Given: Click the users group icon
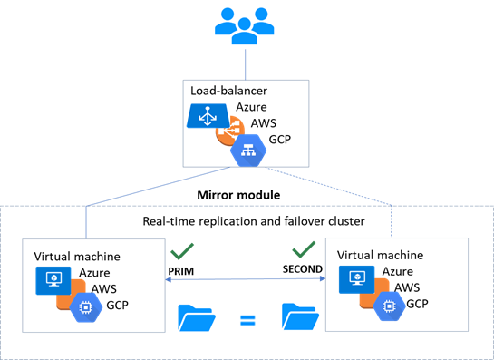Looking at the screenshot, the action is (x=245, y=26).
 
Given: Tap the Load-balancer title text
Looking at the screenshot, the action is (x=228, y=91).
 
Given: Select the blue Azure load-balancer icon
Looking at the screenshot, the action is (x=208, y=116).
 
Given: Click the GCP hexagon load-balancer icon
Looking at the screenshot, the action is (x=248, y=151).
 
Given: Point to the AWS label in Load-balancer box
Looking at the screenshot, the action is (x=264, y=123).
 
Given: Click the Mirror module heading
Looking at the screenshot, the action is (x=238, y=195).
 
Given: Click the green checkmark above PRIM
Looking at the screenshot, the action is (x=182, y=251).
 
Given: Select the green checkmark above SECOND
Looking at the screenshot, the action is (x=304, y=249).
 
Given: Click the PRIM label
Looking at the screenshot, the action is (x=181, y=271).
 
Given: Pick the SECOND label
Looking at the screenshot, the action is (x=303, y=269).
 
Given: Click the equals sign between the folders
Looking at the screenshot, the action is (x=247, y=321).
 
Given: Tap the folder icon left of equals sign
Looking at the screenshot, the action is (x=197, y=317).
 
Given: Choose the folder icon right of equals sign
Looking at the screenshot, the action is (x=300, y=316).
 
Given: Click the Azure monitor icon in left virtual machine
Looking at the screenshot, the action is (x=53, y=280).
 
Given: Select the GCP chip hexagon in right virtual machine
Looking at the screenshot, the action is (x=389, y=306).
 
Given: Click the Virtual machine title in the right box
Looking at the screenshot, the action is (x=380, y=255).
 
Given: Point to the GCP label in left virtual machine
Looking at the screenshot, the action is (x=117, y=306).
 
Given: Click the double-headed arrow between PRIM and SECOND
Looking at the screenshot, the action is (x=245, y=279).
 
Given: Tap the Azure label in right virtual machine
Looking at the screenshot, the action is (x=398, y=271).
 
